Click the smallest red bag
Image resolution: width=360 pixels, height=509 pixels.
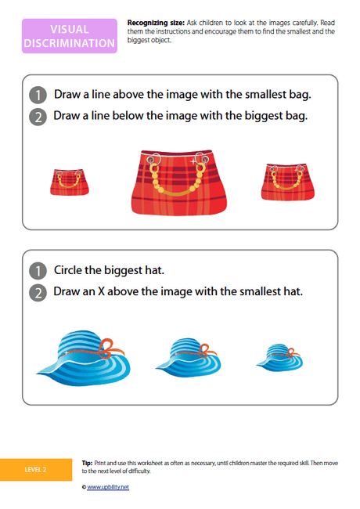(70, 182)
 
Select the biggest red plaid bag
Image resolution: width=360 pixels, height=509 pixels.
(181, 182)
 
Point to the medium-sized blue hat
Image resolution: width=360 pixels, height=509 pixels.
(188, 356)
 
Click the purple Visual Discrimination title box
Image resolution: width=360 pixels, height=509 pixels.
(70, 36)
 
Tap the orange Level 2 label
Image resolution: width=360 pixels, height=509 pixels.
(35, 469)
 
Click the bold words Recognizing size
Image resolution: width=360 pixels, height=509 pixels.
(153, 25)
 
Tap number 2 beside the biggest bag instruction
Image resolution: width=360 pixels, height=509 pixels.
(37, 117)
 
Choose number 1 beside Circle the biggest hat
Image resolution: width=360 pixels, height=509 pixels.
(37, 271)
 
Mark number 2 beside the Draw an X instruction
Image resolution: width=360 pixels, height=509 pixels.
(37, 292)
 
